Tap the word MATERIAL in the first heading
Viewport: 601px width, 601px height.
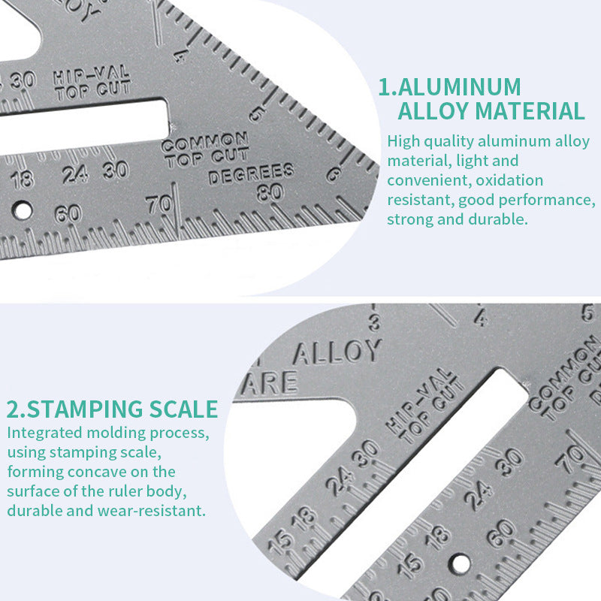(x=529, y=111)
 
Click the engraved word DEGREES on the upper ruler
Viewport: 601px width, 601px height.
(x=250, y=175)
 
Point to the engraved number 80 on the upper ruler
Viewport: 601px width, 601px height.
(x=269, y=192)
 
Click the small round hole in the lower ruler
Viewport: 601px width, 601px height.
(x=461, y=562)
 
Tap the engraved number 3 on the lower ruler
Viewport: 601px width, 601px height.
(x=373, y=324)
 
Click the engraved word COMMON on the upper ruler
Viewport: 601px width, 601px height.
(x=204, y=142)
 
